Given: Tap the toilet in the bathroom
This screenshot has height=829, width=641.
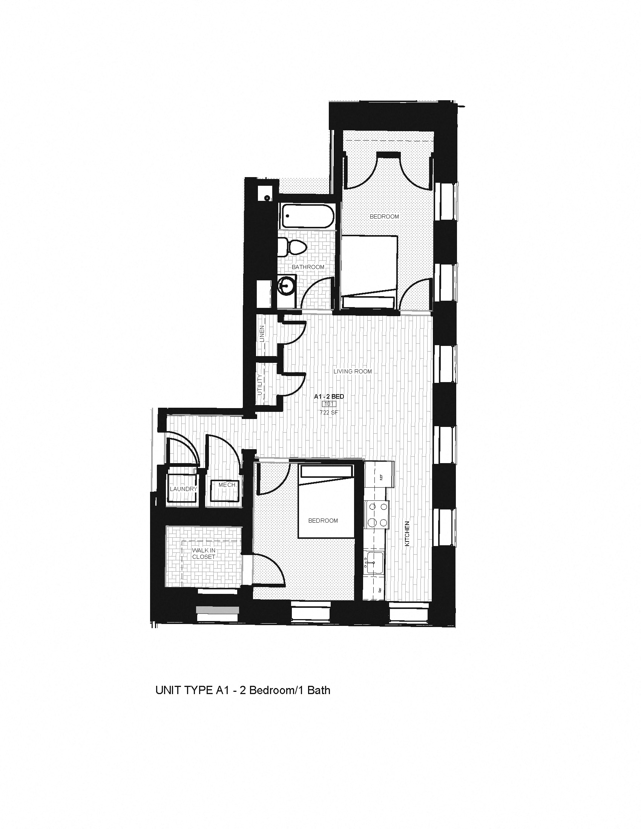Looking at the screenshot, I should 292,248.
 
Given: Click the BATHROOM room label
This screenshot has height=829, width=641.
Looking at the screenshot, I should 308,267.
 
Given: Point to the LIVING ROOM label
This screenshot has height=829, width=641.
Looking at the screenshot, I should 353,371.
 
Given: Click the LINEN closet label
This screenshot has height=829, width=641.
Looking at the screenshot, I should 262,333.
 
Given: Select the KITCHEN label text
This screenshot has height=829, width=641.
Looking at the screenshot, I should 407,533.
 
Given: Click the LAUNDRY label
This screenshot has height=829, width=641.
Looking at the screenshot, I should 183,489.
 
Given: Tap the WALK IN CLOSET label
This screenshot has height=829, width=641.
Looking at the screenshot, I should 204,554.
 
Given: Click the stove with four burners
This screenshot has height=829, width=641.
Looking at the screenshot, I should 376,515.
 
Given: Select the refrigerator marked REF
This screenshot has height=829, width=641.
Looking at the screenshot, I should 380,477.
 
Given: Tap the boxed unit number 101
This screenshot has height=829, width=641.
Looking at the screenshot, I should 329,404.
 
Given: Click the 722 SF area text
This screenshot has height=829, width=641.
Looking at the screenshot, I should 329,413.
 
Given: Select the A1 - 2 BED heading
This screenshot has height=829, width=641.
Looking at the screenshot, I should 329,397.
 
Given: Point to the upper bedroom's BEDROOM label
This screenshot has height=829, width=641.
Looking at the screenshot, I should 384,216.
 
